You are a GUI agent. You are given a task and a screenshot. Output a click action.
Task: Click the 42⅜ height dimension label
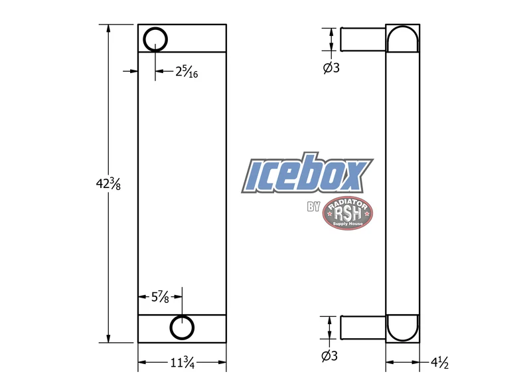click(x=108, y=185)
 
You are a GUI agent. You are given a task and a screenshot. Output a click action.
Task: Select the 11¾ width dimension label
click(x=182, y=363)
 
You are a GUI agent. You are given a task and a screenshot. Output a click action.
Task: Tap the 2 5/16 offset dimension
click(x=187, y=72)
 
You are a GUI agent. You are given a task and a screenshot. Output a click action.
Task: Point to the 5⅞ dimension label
click(x=160, y=297)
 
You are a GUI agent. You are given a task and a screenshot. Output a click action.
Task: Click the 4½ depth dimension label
click(x=440, y=363)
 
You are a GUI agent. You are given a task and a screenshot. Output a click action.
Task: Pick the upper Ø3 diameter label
click(x=331, y=68)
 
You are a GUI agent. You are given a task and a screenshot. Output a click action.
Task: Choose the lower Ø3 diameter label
click(x=329, y=356)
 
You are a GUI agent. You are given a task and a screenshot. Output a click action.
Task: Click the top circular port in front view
click(x=155, y=39)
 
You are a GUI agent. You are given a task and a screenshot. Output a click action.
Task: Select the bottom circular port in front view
click(x=182, y=328)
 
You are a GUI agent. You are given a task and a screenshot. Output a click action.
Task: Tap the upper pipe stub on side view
click(x=363, y=39)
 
